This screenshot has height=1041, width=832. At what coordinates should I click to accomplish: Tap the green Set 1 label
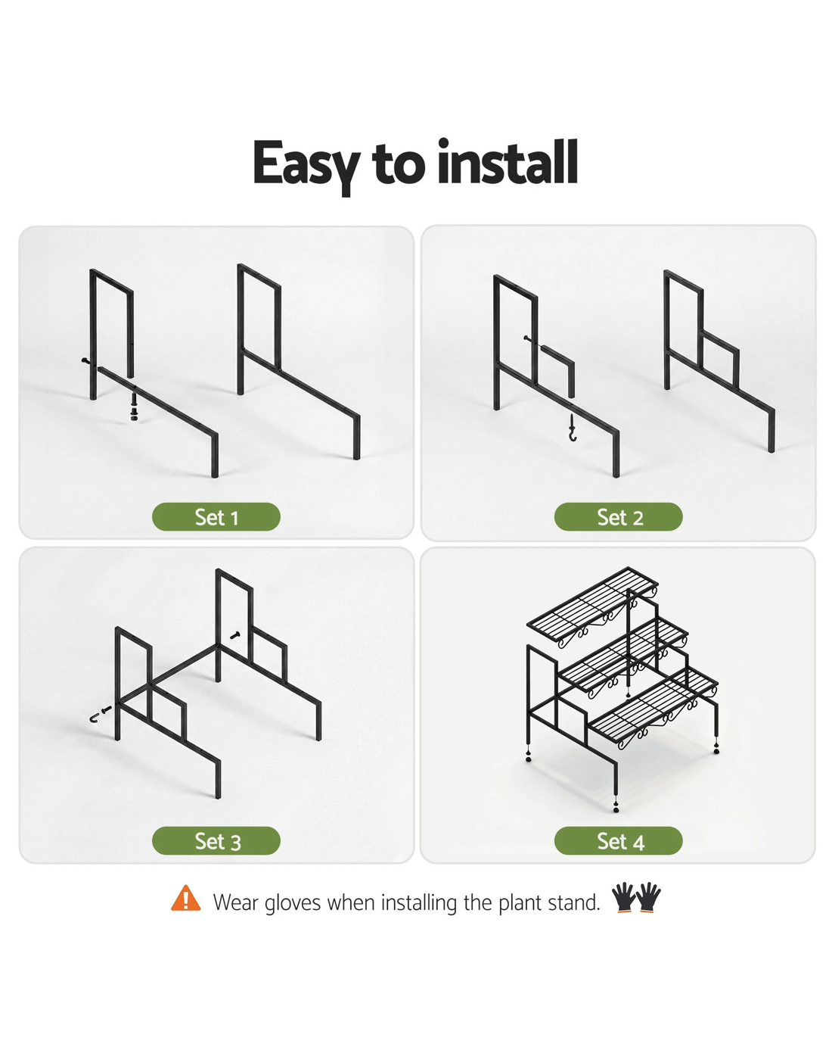pos(216,516)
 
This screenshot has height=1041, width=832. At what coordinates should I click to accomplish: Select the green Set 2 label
pos(618,516)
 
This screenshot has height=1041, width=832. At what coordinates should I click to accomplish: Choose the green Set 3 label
pos(216,840)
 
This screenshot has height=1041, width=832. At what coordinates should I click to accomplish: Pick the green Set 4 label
pos(618,840)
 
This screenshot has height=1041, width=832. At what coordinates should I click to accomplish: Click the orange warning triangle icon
pos(185,899)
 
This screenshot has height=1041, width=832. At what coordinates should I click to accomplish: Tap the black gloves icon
pos(636,898)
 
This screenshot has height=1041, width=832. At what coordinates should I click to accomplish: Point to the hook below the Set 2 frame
pos(573,428)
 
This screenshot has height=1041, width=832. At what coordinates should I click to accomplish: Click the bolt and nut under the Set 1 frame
pos(134,407)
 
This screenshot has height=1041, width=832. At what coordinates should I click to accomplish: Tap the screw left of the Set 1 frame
pos(85,360)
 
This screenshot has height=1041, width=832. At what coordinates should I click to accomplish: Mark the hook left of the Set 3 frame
pos(100,714)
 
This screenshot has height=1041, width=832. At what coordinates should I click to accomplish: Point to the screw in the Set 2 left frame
pos(529,338)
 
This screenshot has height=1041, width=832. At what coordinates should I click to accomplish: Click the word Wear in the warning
pos(236,902)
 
